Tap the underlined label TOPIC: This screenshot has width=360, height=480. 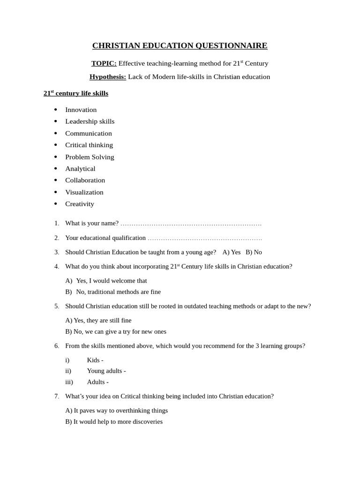point(104,63)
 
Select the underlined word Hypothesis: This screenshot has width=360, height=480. point(108,77)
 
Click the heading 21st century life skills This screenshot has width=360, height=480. point(76,93)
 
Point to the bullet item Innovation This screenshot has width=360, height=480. point(81,110)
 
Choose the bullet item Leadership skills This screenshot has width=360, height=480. point(90,121)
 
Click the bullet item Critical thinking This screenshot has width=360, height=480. point(89,145)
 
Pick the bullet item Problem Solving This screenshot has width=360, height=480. point(90,157)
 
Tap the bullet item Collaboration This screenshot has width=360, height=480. point(85,180)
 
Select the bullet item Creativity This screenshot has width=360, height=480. point(80,204)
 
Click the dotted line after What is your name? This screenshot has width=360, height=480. point(191,224)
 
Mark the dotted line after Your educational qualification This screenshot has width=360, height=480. point(204,238)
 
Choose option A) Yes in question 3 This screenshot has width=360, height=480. point(232,252)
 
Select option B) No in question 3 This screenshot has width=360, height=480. point(254,252)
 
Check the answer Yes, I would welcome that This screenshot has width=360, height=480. point(111,281)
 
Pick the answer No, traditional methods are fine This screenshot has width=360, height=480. point(118,292)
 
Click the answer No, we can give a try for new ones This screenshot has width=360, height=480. point(116,331)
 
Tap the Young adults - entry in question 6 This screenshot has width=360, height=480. point(106,371)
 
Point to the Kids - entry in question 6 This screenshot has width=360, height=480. point(95,360)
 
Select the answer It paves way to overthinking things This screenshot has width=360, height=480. point(116,411)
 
